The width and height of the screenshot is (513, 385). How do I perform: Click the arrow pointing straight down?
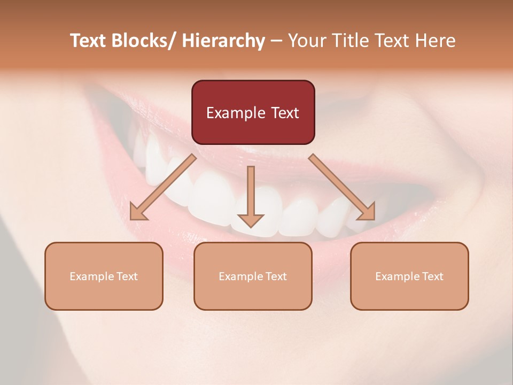(251, 195)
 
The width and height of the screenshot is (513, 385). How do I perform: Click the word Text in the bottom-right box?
(432, 276)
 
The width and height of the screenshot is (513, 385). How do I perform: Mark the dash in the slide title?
(276, 41)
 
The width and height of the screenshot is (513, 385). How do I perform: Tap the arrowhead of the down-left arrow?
(138, 212)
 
